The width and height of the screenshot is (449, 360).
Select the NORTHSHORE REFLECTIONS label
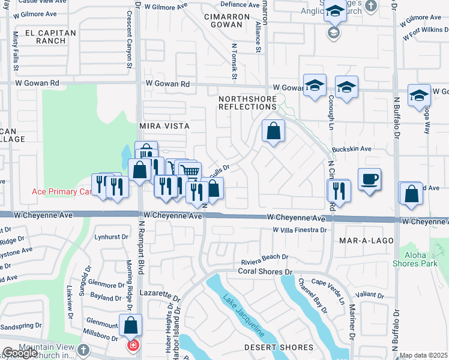[x=247, y=103]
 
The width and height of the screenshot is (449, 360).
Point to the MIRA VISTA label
[x=164, y=126]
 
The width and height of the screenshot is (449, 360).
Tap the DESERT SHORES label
[x=279, y=347]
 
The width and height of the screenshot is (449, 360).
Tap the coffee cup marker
[x=369, y=179]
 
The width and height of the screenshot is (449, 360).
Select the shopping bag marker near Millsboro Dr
[x=130, y=326]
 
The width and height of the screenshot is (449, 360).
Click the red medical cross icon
[x=131, y=346]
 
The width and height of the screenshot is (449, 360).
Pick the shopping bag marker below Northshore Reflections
[x=273, y=130]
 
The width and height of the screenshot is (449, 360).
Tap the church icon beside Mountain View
[x=83, y=349]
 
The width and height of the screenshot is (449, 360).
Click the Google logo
[x=20, y=353]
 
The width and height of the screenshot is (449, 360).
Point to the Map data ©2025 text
[x=423, y=355]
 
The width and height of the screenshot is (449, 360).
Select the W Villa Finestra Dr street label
[x=298, y=230]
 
